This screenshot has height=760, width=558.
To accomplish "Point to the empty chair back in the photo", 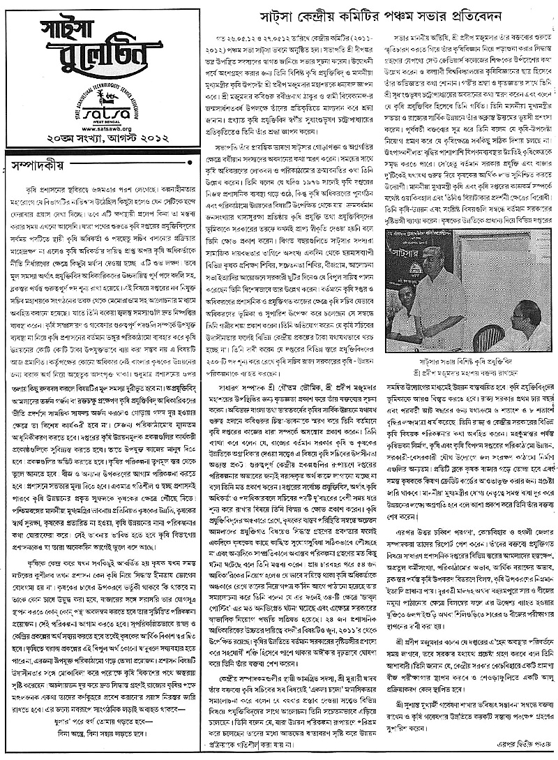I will [489, 336].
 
